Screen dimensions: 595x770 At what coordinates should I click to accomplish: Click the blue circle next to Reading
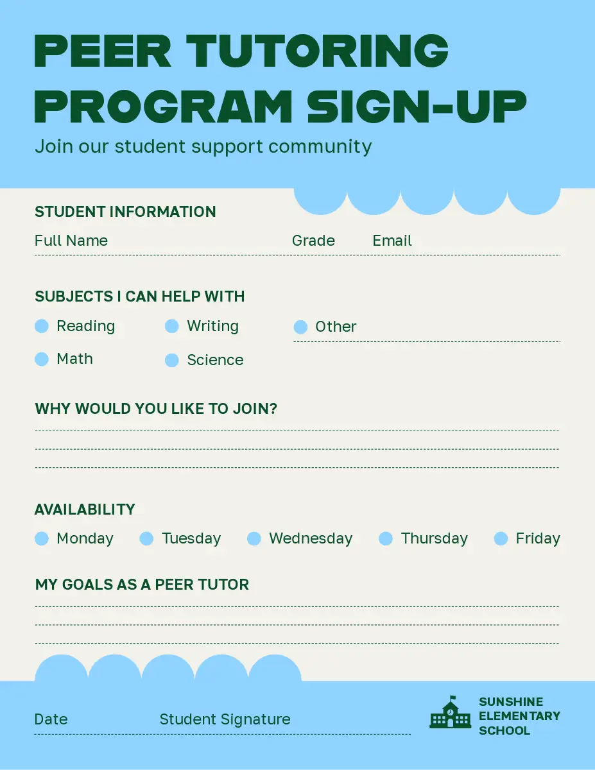click(x=42, y=326)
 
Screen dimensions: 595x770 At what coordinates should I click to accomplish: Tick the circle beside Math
click(x=42, y=359)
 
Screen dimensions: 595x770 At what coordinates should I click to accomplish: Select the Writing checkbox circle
click(x=172, y=326)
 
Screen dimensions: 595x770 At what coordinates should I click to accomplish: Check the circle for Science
click(x=172, y=360)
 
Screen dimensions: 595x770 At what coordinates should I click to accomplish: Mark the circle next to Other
click(x=300, y=327)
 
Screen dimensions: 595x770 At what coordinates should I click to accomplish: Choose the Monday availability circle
click(x=42, y=538)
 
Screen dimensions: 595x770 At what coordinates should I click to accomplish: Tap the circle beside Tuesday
click(x=146, y=538)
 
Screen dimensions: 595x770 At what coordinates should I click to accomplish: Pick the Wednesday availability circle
click(x=254, y=538)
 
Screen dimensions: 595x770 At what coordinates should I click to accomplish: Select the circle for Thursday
click(x=386, y=538)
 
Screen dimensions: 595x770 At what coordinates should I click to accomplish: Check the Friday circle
click(x=501, y=538)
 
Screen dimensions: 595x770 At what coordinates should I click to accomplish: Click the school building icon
click(x=451, y=712)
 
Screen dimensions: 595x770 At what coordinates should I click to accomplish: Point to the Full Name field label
click(x=71, y=241)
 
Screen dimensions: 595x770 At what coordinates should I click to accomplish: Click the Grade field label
click(x=313, y=241)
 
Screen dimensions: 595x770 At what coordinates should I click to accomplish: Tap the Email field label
click(x=392, y=241)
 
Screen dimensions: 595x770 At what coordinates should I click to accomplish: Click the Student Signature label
click(x=225, y=719)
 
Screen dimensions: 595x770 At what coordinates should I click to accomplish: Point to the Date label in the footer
click(x=51, y=719)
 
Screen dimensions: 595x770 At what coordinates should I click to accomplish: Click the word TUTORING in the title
click(x=318, y=51)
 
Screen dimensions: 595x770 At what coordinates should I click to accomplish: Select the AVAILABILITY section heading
click(x=85, y=509)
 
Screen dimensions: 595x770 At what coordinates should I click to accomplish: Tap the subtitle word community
click(x=320, y=147)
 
